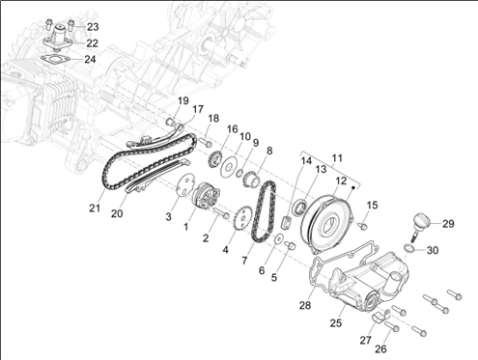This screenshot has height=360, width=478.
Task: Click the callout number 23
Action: (93, 27)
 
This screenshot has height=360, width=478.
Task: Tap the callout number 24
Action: (90, 59)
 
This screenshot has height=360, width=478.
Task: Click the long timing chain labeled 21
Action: (147, 162)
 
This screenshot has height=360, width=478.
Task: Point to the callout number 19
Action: (183, 100)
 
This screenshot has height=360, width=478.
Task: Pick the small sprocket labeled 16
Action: (215, 159)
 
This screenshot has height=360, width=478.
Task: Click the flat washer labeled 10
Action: (230, 167)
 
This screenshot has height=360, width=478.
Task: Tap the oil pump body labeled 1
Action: (206, 196)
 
